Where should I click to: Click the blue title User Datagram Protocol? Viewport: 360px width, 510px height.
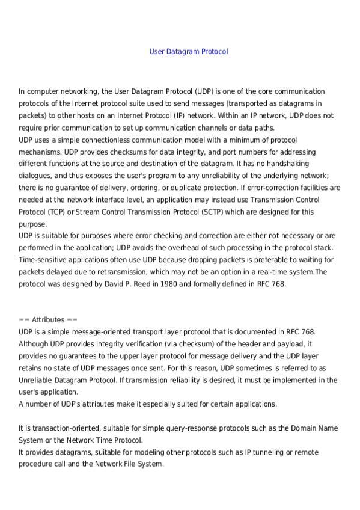coord(189,52)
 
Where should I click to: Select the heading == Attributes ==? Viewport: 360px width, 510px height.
coord(48,320)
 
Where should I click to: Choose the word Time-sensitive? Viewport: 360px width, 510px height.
coord(46,260)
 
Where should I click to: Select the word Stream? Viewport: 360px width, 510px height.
coord(96,212)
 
